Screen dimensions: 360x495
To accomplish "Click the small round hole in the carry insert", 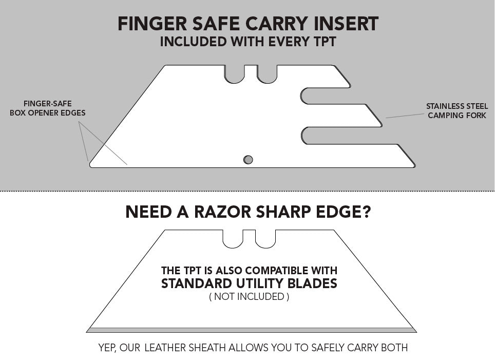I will [248, 160].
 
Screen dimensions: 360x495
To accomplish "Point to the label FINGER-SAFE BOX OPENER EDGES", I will [47, 108].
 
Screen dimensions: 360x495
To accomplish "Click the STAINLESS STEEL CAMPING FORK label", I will [456, 111].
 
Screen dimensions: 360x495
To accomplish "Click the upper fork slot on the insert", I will [318, 95].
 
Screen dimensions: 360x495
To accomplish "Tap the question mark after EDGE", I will [365, 212].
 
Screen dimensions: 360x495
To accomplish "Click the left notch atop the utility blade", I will [233, 239].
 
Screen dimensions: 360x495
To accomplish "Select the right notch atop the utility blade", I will [265, 239].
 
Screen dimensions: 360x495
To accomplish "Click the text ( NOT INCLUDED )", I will [249, 296].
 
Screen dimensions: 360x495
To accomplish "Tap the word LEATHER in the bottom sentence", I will [167, 348].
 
